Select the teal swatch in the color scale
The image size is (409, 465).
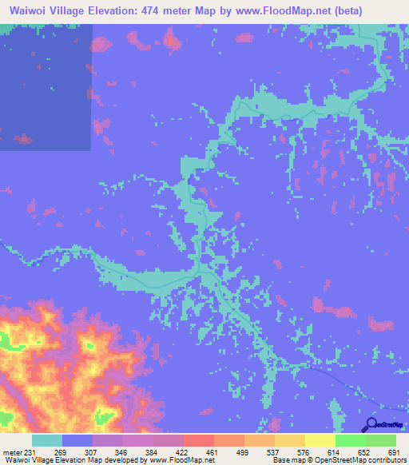(x=46, y=440)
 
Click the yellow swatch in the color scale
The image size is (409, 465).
(x=320, y=440)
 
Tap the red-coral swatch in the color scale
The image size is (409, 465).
(x=198, y=440)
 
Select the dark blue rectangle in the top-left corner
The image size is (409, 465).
(x=46, y=84)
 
